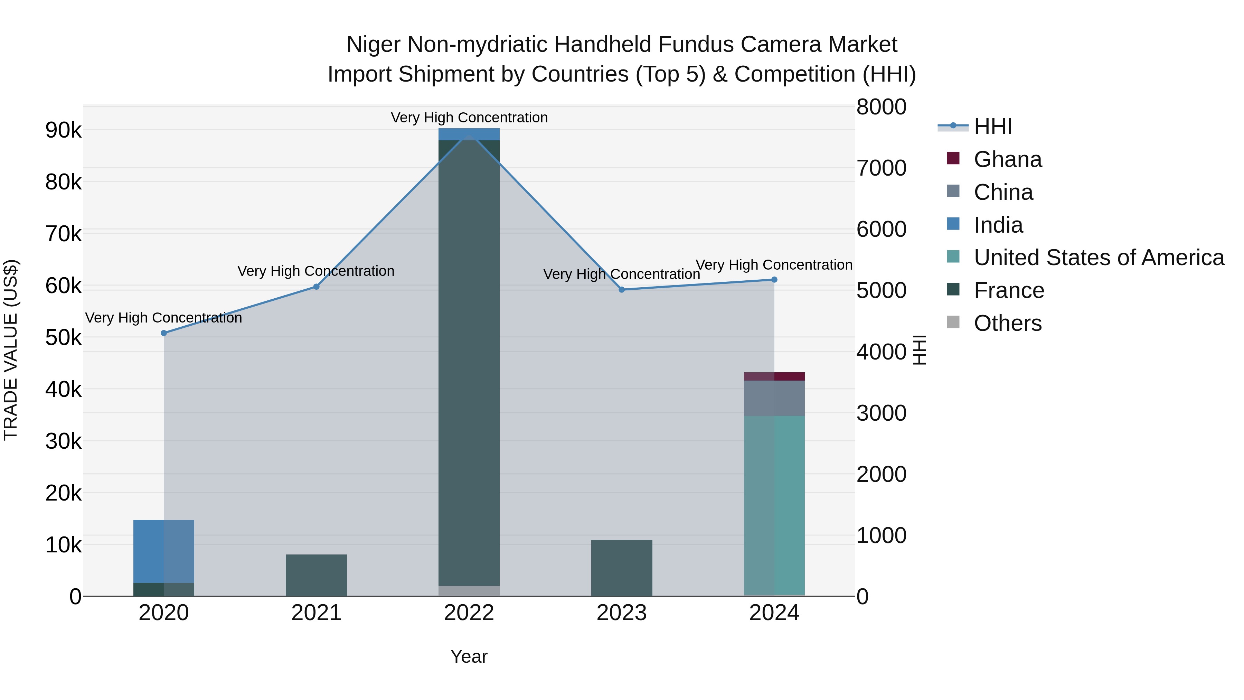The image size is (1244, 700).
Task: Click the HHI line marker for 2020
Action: coord(164,333)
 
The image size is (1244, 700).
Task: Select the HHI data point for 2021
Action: coord(316,287)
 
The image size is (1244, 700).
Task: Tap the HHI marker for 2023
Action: coord(622,289)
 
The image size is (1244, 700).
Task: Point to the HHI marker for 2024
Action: coord(774,279)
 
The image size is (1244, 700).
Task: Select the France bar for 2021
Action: coord(316,575)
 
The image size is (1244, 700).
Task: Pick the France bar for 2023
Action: coord(622,568)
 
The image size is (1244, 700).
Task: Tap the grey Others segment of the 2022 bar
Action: coord(469,590)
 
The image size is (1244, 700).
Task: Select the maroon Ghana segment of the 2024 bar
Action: coord(774,376)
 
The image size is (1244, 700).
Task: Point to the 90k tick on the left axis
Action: coord(63,130)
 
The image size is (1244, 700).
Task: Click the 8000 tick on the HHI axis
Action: coord(881,107)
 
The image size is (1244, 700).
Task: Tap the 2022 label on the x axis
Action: coord(469,613)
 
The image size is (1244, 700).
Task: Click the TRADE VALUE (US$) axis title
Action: coord(11,350)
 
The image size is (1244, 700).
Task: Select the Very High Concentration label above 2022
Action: coord(469,118)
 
